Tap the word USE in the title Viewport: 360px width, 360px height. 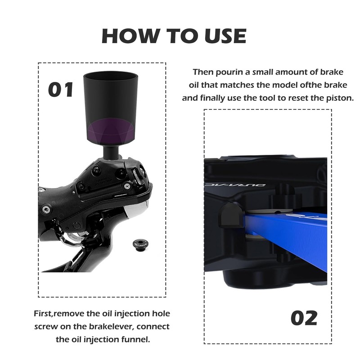click(226, 36)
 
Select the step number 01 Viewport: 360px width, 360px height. click(61, 90)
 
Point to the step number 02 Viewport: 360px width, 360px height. click(304, 318)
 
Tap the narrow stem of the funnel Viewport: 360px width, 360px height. click(111, 152)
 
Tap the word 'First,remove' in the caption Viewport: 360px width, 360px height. click(59, 314)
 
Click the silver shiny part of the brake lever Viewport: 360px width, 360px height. click(135, 208)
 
